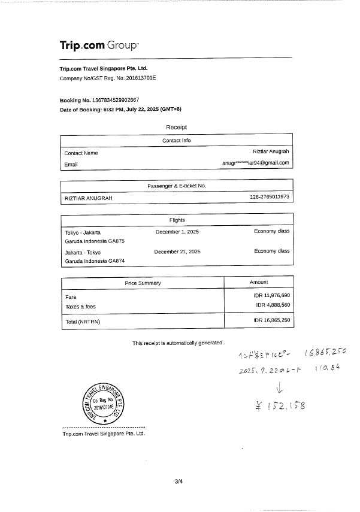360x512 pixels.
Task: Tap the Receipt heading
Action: point(176,127)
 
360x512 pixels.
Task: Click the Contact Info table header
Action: point(176,141)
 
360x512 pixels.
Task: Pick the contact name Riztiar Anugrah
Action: point(271,153)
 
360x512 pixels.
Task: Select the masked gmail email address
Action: point(255,163)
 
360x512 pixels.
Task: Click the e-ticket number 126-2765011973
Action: point(269,197)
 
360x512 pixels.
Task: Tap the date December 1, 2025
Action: point(177,231)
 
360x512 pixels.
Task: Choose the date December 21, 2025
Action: point(177,252)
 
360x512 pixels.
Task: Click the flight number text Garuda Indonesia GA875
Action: point(95,241)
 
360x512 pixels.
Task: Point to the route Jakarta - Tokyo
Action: point(83,252)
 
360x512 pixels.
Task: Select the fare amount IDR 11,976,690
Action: point(272,296)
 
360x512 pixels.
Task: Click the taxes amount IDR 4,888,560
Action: point(273,305)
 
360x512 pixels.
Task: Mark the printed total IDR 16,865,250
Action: point(272,321)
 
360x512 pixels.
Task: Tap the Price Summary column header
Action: point(143,283)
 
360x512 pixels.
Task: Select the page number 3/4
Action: point(178,481)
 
